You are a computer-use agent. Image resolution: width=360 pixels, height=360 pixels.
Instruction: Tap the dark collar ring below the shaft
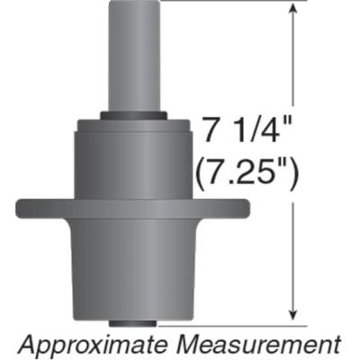pyautogui.click(x=133, y=115)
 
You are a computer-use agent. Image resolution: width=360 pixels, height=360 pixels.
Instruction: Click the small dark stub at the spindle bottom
pyautogui.click(x=133, y=322)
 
